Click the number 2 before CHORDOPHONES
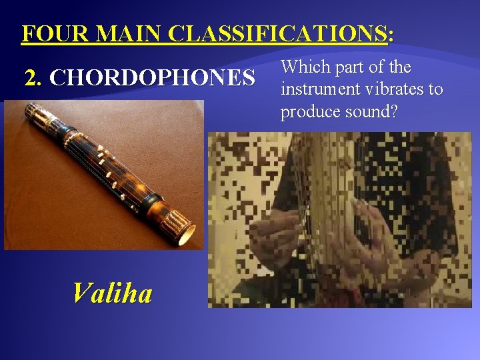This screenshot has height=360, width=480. click(x=31, y=79)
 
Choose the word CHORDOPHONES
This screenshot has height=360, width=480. click(x=152, y=79)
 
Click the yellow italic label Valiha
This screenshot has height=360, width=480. click(x=112, y=293)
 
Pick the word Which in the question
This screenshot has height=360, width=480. click(x=303, y=68)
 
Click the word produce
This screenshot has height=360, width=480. click(x=307, y=112)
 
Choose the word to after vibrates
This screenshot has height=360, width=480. click(x=435, y=89)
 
